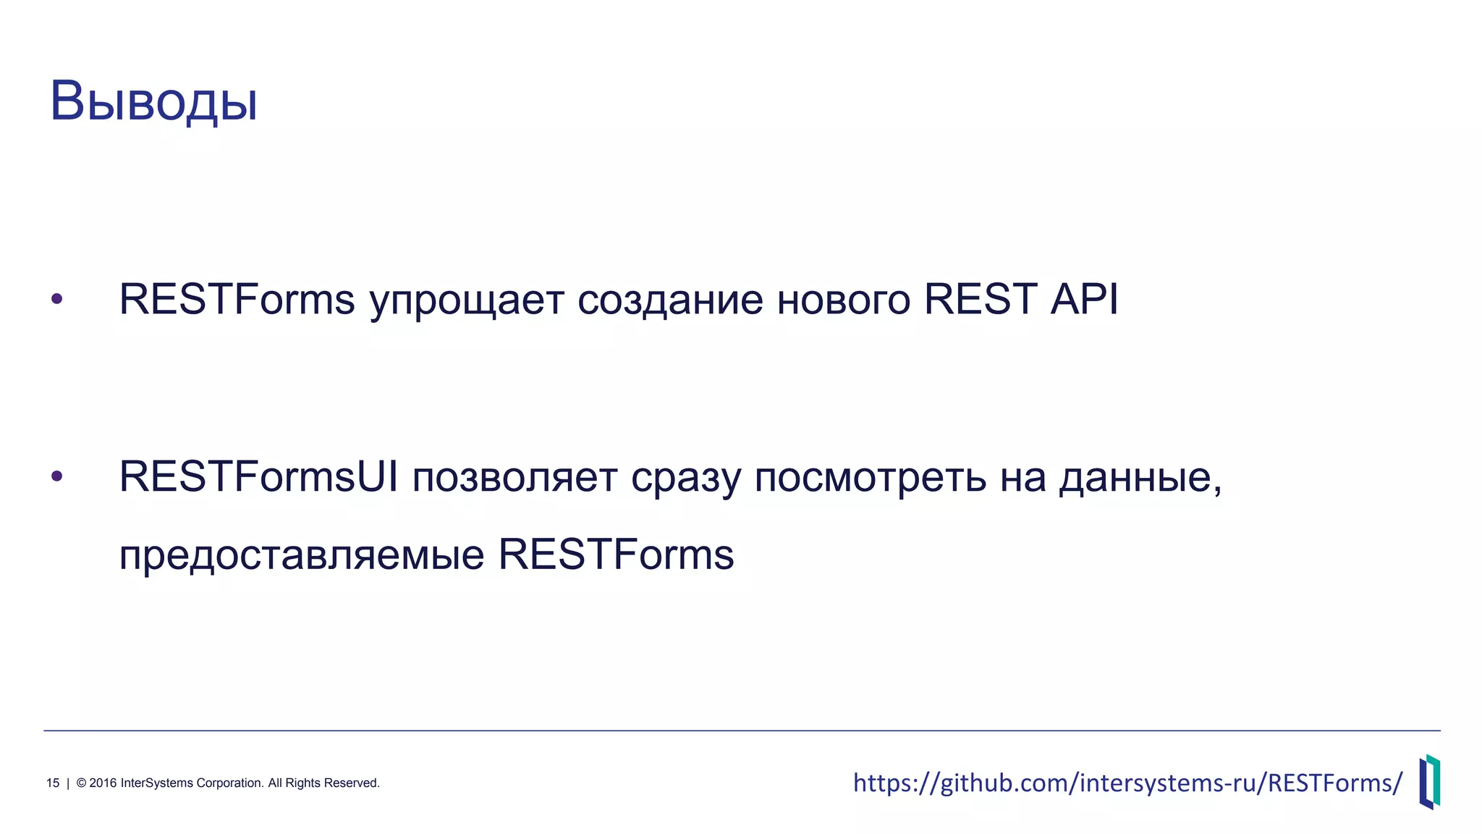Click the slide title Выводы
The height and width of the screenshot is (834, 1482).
(x=153, y=102)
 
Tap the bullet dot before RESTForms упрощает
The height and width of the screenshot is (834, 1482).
(x=57, y=298)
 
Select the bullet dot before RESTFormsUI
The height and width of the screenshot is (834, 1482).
(x=57, y=476)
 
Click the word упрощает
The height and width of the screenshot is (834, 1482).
(x=466, y=301)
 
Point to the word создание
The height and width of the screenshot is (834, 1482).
(x=669, y=300)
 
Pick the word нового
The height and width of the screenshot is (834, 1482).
(x=843, y=300)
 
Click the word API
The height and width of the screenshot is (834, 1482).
(x=1084, y=298)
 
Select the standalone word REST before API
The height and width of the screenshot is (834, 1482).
(x=981, y=298)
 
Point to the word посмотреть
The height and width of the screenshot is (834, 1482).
(x=870, y=479)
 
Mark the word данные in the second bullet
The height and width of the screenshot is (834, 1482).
(x=1139, y=479)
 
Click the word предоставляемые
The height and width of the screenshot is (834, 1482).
(x=301, y=556)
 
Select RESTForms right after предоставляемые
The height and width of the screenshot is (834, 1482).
(x=616, y=555)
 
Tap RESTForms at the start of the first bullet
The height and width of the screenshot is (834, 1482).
(x=237, y=298)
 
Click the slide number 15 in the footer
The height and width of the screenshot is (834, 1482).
(x=53, y=783)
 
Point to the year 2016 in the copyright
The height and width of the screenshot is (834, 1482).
(x=102, y=783)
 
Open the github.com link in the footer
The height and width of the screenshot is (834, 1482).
(x=1127, y=783)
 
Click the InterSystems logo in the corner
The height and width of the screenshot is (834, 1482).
(x=1429, y=781)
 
